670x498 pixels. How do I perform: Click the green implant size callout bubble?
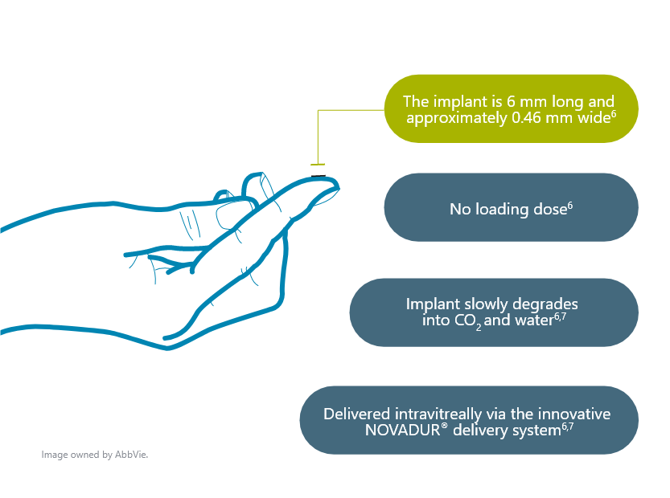click(511, 108)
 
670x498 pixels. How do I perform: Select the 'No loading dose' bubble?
click(511, 207)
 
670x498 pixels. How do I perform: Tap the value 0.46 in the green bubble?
click(526, 118)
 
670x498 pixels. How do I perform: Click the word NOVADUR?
click(402, 431)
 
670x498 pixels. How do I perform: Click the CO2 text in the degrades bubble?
click(468, 321)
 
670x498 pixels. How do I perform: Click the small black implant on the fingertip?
click(319, 176)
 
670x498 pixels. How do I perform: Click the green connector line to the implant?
click(318, 137)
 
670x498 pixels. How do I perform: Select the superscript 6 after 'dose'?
click(570, 206)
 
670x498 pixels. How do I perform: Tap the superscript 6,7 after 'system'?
click(568, 427)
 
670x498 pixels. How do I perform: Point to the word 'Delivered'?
click(357, 414)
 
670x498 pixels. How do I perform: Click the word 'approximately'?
click(457, 118)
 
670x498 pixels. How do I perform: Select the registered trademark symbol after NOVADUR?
click(444, 427)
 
